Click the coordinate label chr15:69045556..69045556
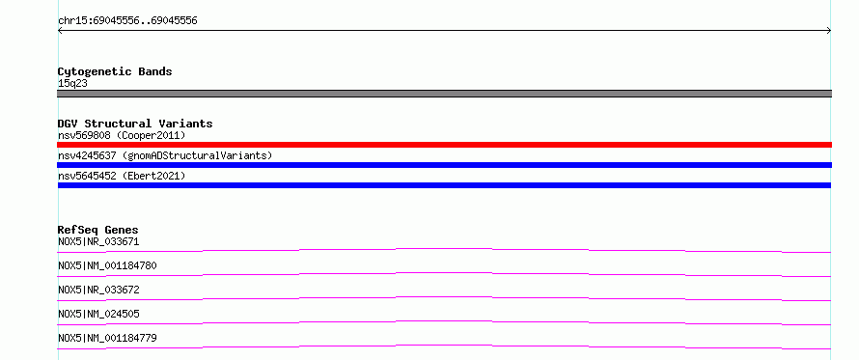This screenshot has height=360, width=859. pos(127,21)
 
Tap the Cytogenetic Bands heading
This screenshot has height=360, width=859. pos(115,71)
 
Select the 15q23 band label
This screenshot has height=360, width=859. pos(72,84)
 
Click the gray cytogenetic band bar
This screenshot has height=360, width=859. pos(444,94)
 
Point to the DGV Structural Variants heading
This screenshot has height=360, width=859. pos(135,124)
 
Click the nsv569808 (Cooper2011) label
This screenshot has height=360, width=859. pos(122,135)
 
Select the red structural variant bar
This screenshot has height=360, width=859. pos(444,145)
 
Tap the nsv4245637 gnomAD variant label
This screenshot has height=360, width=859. pos(165,155)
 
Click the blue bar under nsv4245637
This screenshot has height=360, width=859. pos(444,165)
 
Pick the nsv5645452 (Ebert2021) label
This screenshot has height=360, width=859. pos(122,176)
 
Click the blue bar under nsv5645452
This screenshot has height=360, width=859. pos(444,185)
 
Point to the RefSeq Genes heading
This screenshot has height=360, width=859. pos(98,230)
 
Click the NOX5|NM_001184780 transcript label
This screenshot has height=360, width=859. pos(107,265)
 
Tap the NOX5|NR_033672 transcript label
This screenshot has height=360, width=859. pos(98,290)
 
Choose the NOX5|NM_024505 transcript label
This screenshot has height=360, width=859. pos(98,314)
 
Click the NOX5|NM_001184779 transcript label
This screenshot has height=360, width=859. pos(107,338)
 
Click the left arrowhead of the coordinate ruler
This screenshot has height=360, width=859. pos(60,31)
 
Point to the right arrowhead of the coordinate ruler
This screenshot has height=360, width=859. pos(829,31)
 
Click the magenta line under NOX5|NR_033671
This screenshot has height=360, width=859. pos(444,249)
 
